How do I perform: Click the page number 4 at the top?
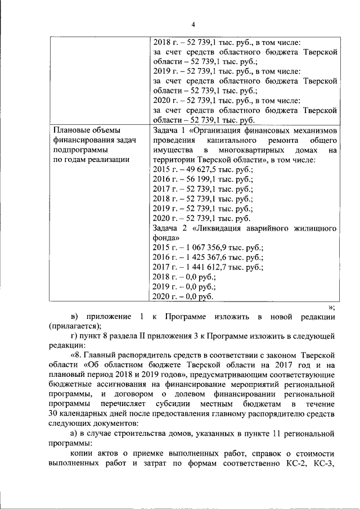[x=193, y=24]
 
